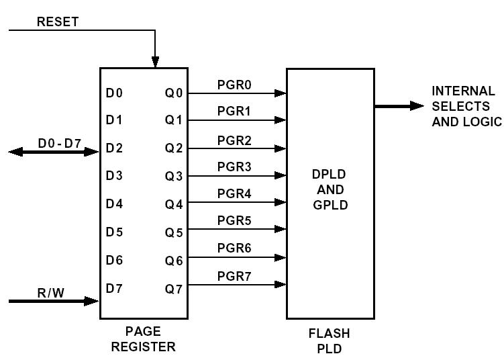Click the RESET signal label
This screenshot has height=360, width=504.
click(58, 21)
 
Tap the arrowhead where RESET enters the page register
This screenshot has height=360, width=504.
click(155, 62)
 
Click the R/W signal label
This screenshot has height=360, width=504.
click(51, 292)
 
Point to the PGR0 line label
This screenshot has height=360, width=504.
click(234, 85)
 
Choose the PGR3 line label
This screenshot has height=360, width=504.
click(234, 167)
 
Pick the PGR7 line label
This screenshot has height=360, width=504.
click(234, 276)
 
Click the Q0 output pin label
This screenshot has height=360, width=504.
click(174, 93)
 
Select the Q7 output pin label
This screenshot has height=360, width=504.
click(174, 289)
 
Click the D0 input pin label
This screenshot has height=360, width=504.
click(114, 93)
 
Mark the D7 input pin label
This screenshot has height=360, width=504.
click(114, 289)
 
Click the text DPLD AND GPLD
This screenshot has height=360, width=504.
click(330, 189)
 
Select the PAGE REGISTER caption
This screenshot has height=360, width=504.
click(143, 339)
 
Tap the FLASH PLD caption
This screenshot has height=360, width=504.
click(329, 340)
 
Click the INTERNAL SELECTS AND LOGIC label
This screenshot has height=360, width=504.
click(466, 106)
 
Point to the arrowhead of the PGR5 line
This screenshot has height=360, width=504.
click(281, 230)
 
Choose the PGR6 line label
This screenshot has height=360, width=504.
click(234, 249)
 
